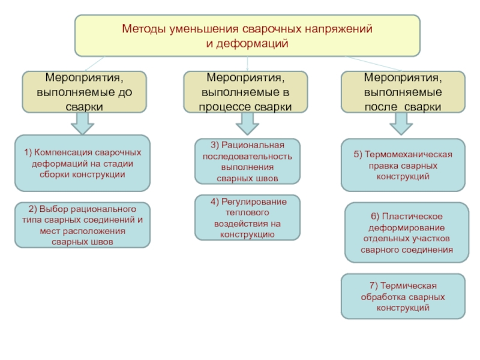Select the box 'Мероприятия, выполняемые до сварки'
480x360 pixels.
coord(84,92)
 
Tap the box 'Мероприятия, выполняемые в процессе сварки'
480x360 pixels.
coord(245,92)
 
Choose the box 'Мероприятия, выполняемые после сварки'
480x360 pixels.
coord(403,92)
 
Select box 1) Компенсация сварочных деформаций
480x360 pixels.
coord(82,164)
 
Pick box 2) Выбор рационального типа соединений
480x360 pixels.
coord(82,225)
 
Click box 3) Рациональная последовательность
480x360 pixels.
coord(247,161)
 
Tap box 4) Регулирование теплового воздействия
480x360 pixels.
coord(248,218)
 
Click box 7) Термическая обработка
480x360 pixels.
coord(403,296)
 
